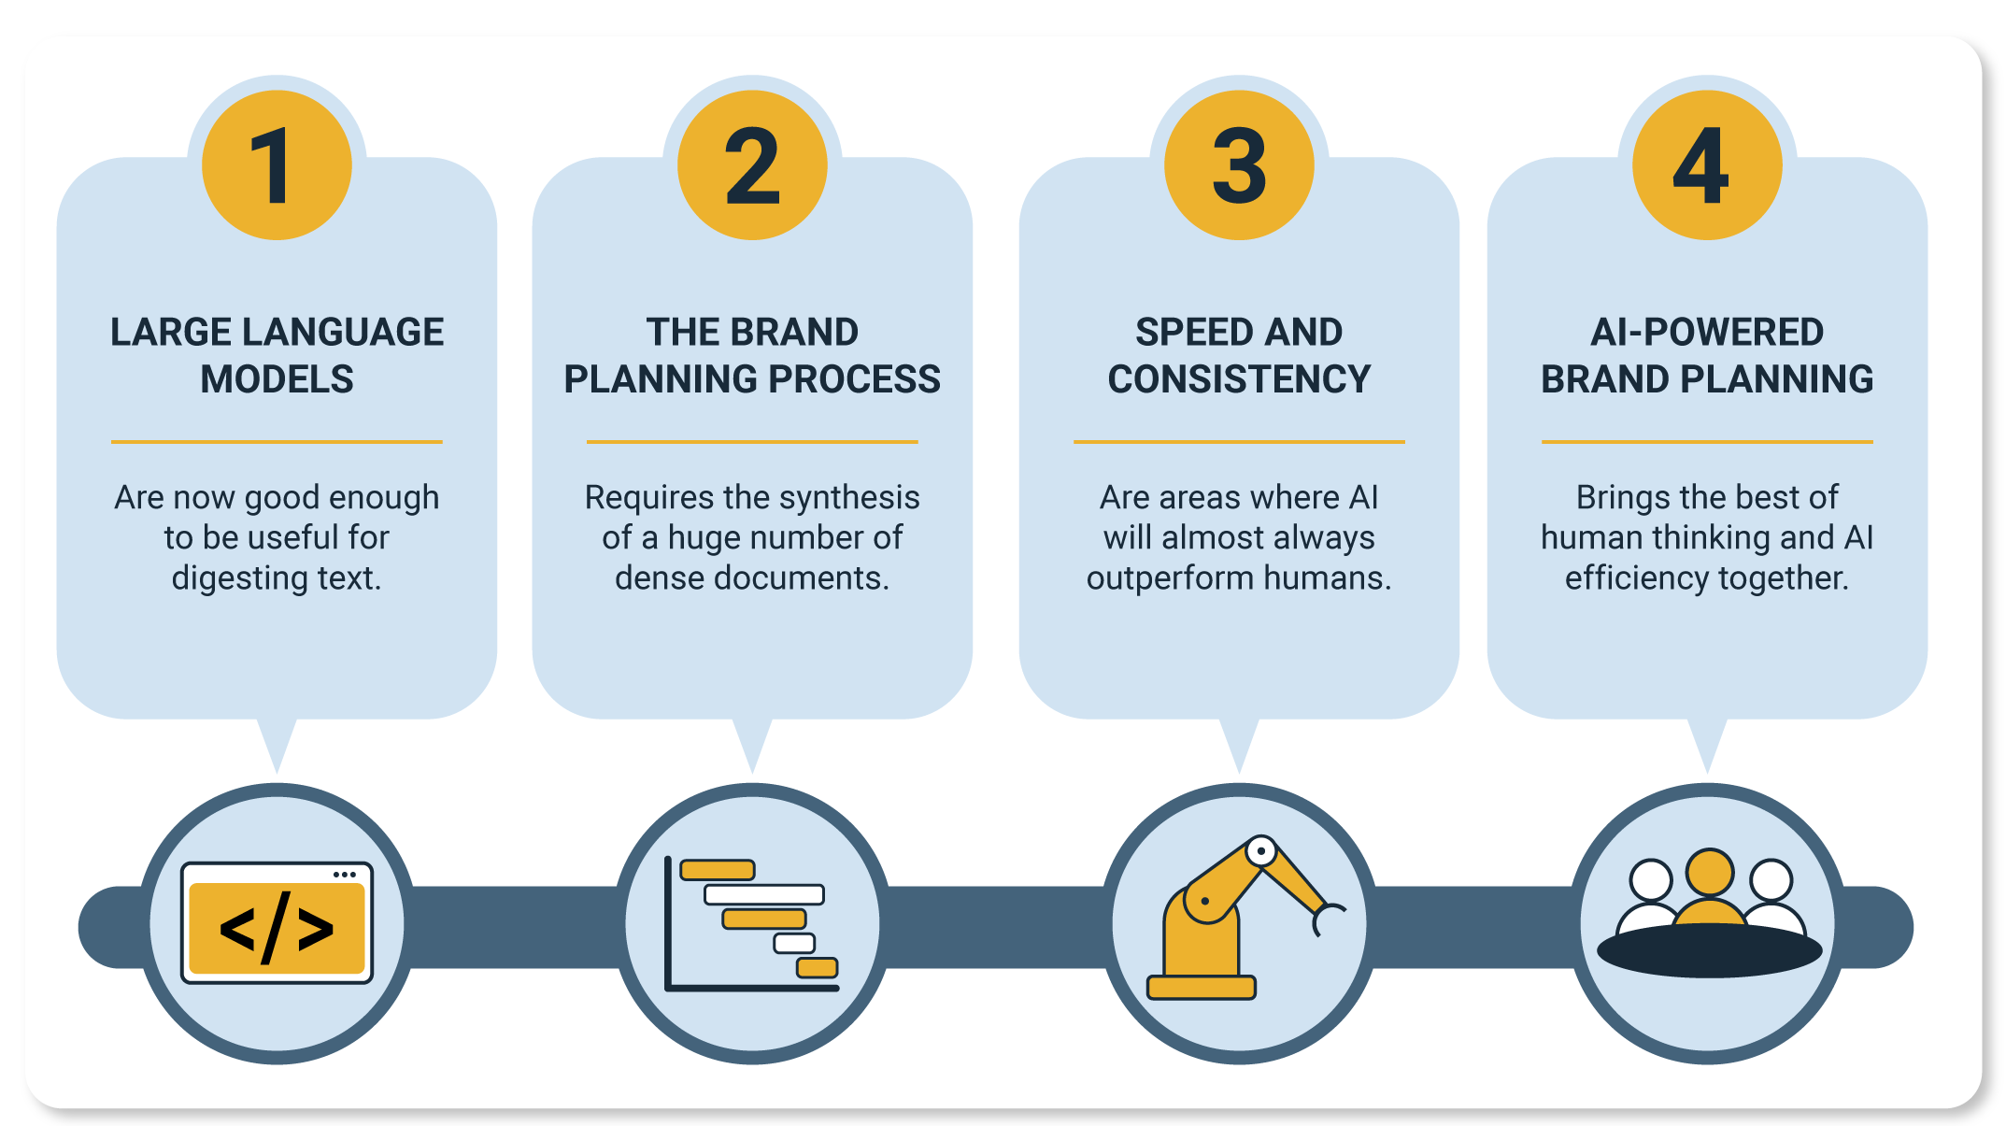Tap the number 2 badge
click(752, 165)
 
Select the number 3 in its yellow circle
click(1239, 165)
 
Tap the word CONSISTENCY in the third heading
click(1239, 379)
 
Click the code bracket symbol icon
click(277, 929)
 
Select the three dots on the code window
click(345, 875)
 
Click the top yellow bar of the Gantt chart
click(718, 870)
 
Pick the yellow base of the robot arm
click(1202, 987)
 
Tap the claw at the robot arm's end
click(1328, 919)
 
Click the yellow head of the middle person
click(1710, 873)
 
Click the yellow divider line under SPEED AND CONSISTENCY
click(1239, 441)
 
